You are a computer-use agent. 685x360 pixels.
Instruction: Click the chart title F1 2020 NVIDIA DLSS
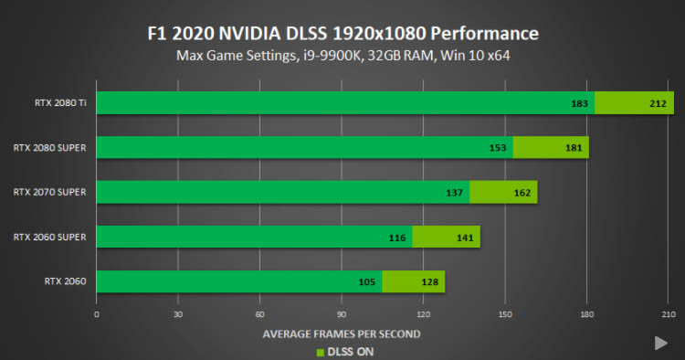point(342,34)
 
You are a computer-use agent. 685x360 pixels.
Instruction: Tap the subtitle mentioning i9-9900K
point(342,56)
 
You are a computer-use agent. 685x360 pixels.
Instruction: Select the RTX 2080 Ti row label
point(60,102)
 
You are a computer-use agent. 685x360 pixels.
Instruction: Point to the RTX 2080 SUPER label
point(49,148)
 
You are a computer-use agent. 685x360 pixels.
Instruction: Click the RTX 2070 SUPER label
point(49,192)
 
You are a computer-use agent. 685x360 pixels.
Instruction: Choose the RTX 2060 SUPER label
point(49,238)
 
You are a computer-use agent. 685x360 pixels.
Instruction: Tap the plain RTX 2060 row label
point(65,281)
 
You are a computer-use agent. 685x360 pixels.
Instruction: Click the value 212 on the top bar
point(658,103)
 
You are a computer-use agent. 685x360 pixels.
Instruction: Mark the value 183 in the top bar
point(579,103)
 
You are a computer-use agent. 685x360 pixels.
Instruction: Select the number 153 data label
point(498,148)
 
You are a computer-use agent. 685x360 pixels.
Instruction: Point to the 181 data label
point(574,148)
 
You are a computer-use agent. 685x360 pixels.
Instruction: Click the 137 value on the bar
point(454,193)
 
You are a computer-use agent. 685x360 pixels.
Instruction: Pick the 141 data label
point(465,238)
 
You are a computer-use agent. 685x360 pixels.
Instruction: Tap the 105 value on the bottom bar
point(367,281)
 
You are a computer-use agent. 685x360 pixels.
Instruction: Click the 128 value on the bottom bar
point(430,281)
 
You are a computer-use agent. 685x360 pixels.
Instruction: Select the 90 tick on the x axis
point(342,314)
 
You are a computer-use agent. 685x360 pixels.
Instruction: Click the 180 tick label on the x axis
point(586,314)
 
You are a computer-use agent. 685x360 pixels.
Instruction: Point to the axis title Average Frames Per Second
point(342,334)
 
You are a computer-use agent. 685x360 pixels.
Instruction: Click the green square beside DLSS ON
point(321,353)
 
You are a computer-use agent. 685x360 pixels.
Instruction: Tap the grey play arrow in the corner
point(660,344)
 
